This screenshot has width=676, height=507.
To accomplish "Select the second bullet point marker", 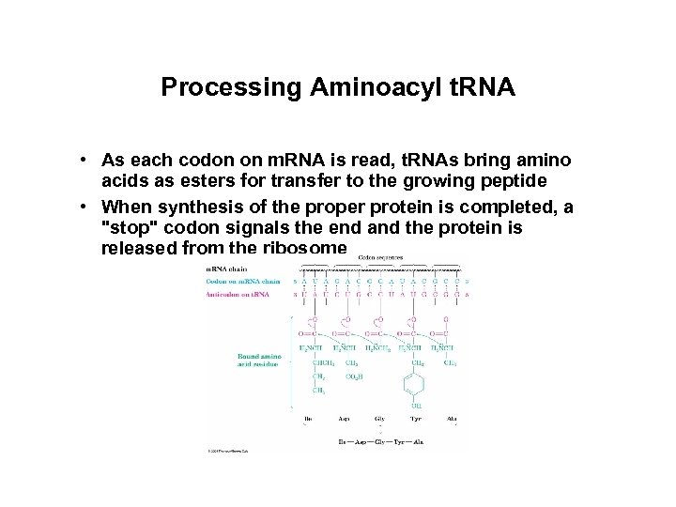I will (x=84, y=205).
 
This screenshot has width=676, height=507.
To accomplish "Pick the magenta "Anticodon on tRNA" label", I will (x=237, y=295).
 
